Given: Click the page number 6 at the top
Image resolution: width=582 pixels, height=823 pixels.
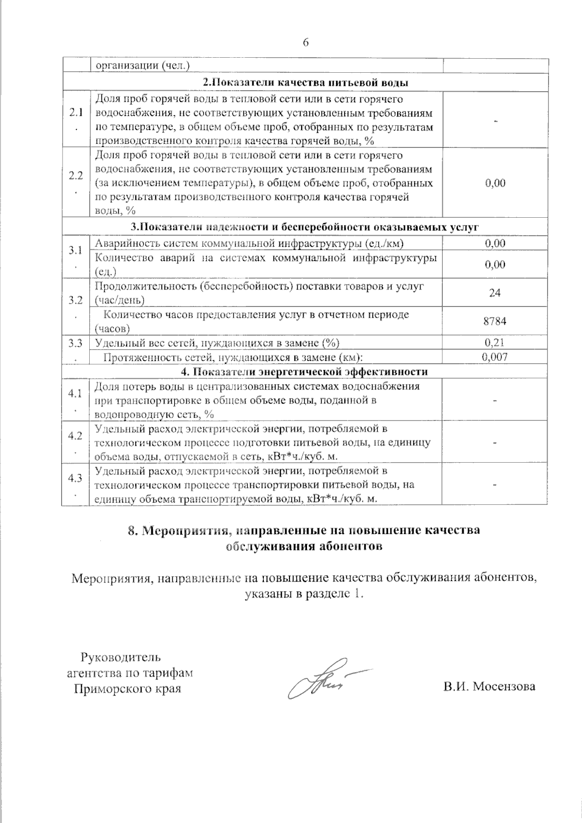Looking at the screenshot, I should tap(306, 42).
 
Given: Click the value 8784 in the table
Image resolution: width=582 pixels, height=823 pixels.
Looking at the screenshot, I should tap(495, 321).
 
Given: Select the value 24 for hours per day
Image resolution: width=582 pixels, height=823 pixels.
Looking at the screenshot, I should tap(495, 293).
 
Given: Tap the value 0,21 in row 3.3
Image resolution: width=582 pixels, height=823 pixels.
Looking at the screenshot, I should tap(495, 342).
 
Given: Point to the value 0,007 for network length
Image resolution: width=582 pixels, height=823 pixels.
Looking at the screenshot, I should tap(495, 357).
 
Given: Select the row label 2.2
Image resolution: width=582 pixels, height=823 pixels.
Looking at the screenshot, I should tap(75, 176).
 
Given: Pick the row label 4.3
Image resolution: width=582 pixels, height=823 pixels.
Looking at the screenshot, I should tap(75, 478).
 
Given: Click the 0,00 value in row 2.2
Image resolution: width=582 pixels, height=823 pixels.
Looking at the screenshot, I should tap(495, 183).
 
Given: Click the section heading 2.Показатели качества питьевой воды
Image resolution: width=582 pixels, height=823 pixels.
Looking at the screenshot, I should tap(306, 82).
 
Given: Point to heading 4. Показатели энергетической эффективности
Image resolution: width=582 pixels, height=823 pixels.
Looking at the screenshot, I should tap(304, 372).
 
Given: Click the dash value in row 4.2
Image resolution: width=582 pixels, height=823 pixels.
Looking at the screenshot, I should tap(495, 443).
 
